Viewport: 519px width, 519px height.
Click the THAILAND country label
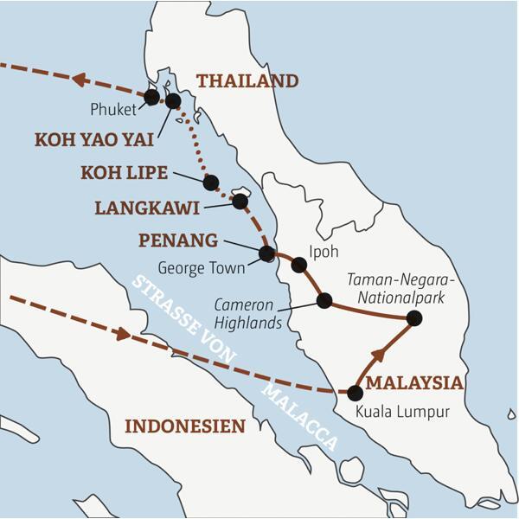tap(247, 81)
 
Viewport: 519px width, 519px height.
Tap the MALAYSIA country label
tap(414, 383)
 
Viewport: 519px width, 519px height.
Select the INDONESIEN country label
tap(185, 426)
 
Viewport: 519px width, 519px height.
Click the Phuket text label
tap(113, 110)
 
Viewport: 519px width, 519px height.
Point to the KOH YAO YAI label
tap(93, 139)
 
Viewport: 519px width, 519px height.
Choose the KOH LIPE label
tap(124, 173)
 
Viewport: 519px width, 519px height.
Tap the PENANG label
tap(176, 239)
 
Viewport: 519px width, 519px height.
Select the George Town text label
tap(202, 268)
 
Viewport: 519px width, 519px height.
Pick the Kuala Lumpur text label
tap(403, 412)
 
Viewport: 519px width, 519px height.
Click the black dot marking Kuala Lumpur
tap(355, 393)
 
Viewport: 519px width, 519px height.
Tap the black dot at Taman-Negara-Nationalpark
tap(414, 318)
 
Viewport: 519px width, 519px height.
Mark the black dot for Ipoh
tap(299, 265)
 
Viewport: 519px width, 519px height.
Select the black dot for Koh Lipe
tap(210, 183)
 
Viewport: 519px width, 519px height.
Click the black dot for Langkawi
tap(240, 202)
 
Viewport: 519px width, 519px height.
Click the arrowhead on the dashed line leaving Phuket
tap(80, 80)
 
